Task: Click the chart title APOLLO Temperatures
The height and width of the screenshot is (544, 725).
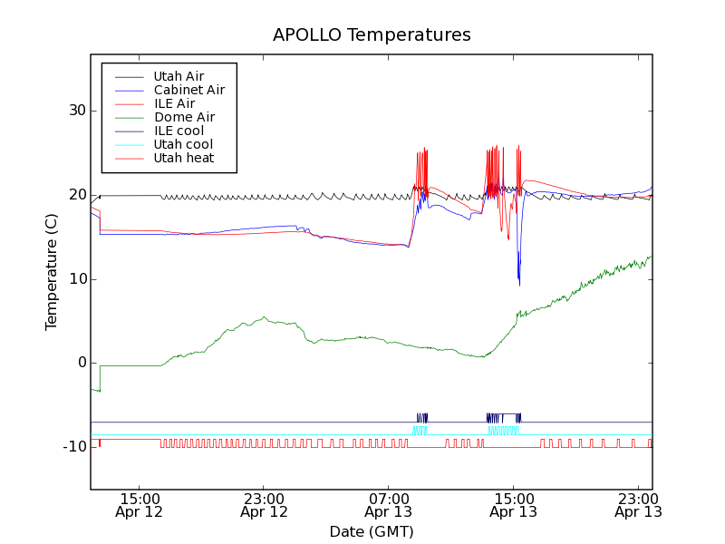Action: coord(372,35)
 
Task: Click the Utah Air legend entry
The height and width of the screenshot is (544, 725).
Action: coord(179,76)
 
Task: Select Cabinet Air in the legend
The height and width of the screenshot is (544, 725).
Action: coord(188,90)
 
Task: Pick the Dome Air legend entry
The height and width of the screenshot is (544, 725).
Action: coord(184,117)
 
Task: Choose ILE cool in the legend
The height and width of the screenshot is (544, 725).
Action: coord(179,131)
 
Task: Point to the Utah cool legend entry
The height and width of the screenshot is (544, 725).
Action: coord(183,144)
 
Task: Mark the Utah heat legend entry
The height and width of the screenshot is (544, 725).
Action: coord(184,158)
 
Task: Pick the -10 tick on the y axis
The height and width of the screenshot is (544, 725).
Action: coord(72,447)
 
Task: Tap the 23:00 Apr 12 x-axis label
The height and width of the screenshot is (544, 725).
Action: coord(264,505)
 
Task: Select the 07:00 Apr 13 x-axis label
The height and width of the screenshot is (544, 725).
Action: coord(389,505)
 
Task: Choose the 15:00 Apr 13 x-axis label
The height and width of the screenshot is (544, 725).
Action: coord(513,505)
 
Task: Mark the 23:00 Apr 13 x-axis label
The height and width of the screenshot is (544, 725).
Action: coord(638,505)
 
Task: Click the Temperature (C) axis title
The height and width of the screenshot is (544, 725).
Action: coord(52,272)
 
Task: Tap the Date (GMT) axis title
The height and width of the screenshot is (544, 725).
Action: coord(372,531)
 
